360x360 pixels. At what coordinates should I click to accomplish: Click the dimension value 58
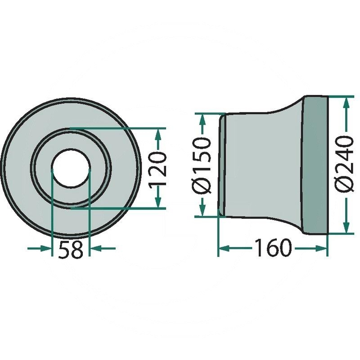point(71,250)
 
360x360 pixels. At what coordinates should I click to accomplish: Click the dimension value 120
point(158,169)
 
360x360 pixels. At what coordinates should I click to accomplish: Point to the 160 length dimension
point(273,248)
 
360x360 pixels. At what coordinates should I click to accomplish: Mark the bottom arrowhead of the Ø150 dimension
point(202,211)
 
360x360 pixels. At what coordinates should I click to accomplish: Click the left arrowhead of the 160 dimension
point(224,248)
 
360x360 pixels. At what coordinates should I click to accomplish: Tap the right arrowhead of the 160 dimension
point(322,248)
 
